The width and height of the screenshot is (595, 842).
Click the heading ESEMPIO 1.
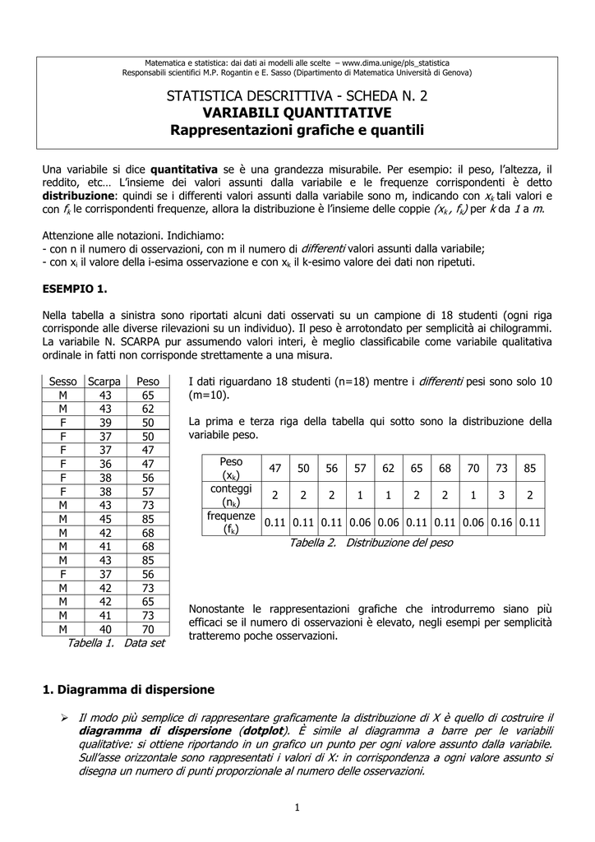point(75,289)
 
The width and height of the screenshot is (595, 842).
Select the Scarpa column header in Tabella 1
point(104,382)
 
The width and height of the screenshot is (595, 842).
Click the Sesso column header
point(62,382)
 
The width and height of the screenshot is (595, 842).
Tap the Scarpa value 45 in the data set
point(104,519)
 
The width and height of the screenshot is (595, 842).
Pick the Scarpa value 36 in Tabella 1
point(104,463)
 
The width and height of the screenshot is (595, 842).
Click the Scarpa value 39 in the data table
point(104,422)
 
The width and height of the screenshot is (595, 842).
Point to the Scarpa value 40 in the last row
point(104,628)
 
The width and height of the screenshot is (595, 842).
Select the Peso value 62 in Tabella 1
point(148,409)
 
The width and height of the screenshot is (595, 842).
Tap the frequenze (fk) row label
point(232,521)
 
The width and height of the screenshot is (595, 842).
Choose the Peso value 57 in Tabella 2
point(360,468)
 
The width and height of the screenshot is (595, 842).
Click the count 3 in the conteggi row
point(502,495)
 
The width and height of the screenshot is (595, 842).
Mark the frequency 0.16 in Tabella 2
point(502,522)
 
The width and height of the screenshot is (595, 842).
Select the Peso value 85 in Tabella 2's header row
point(530,468)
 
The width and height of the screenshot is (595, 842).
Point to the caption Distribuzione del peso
point(400,543)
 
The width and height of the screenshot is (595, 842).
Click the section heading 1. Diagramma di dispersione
point(128,689)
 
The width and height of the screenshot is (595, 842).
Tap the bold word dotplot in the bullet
point(261,731)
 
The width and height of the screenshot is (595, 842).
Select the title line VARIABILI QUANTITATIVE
point(297,112)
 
